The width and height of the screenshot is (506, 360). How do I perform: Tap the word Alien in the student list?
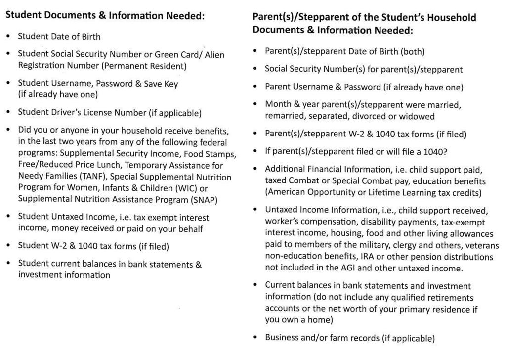(214, 54)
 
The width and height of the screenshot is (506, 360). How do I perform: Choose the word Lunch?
(104, 165)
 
